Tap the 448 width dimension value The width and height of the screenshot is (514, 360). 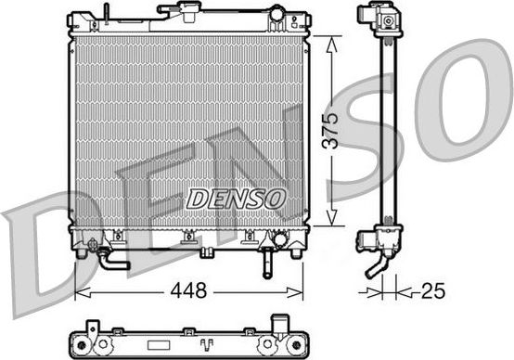(188, 290)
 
